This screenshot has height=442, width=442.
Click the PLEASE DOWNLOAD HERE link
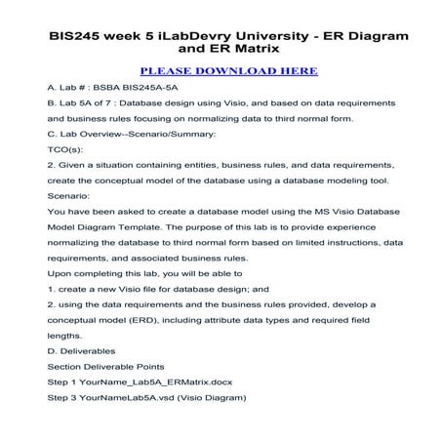click(228, 71)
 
